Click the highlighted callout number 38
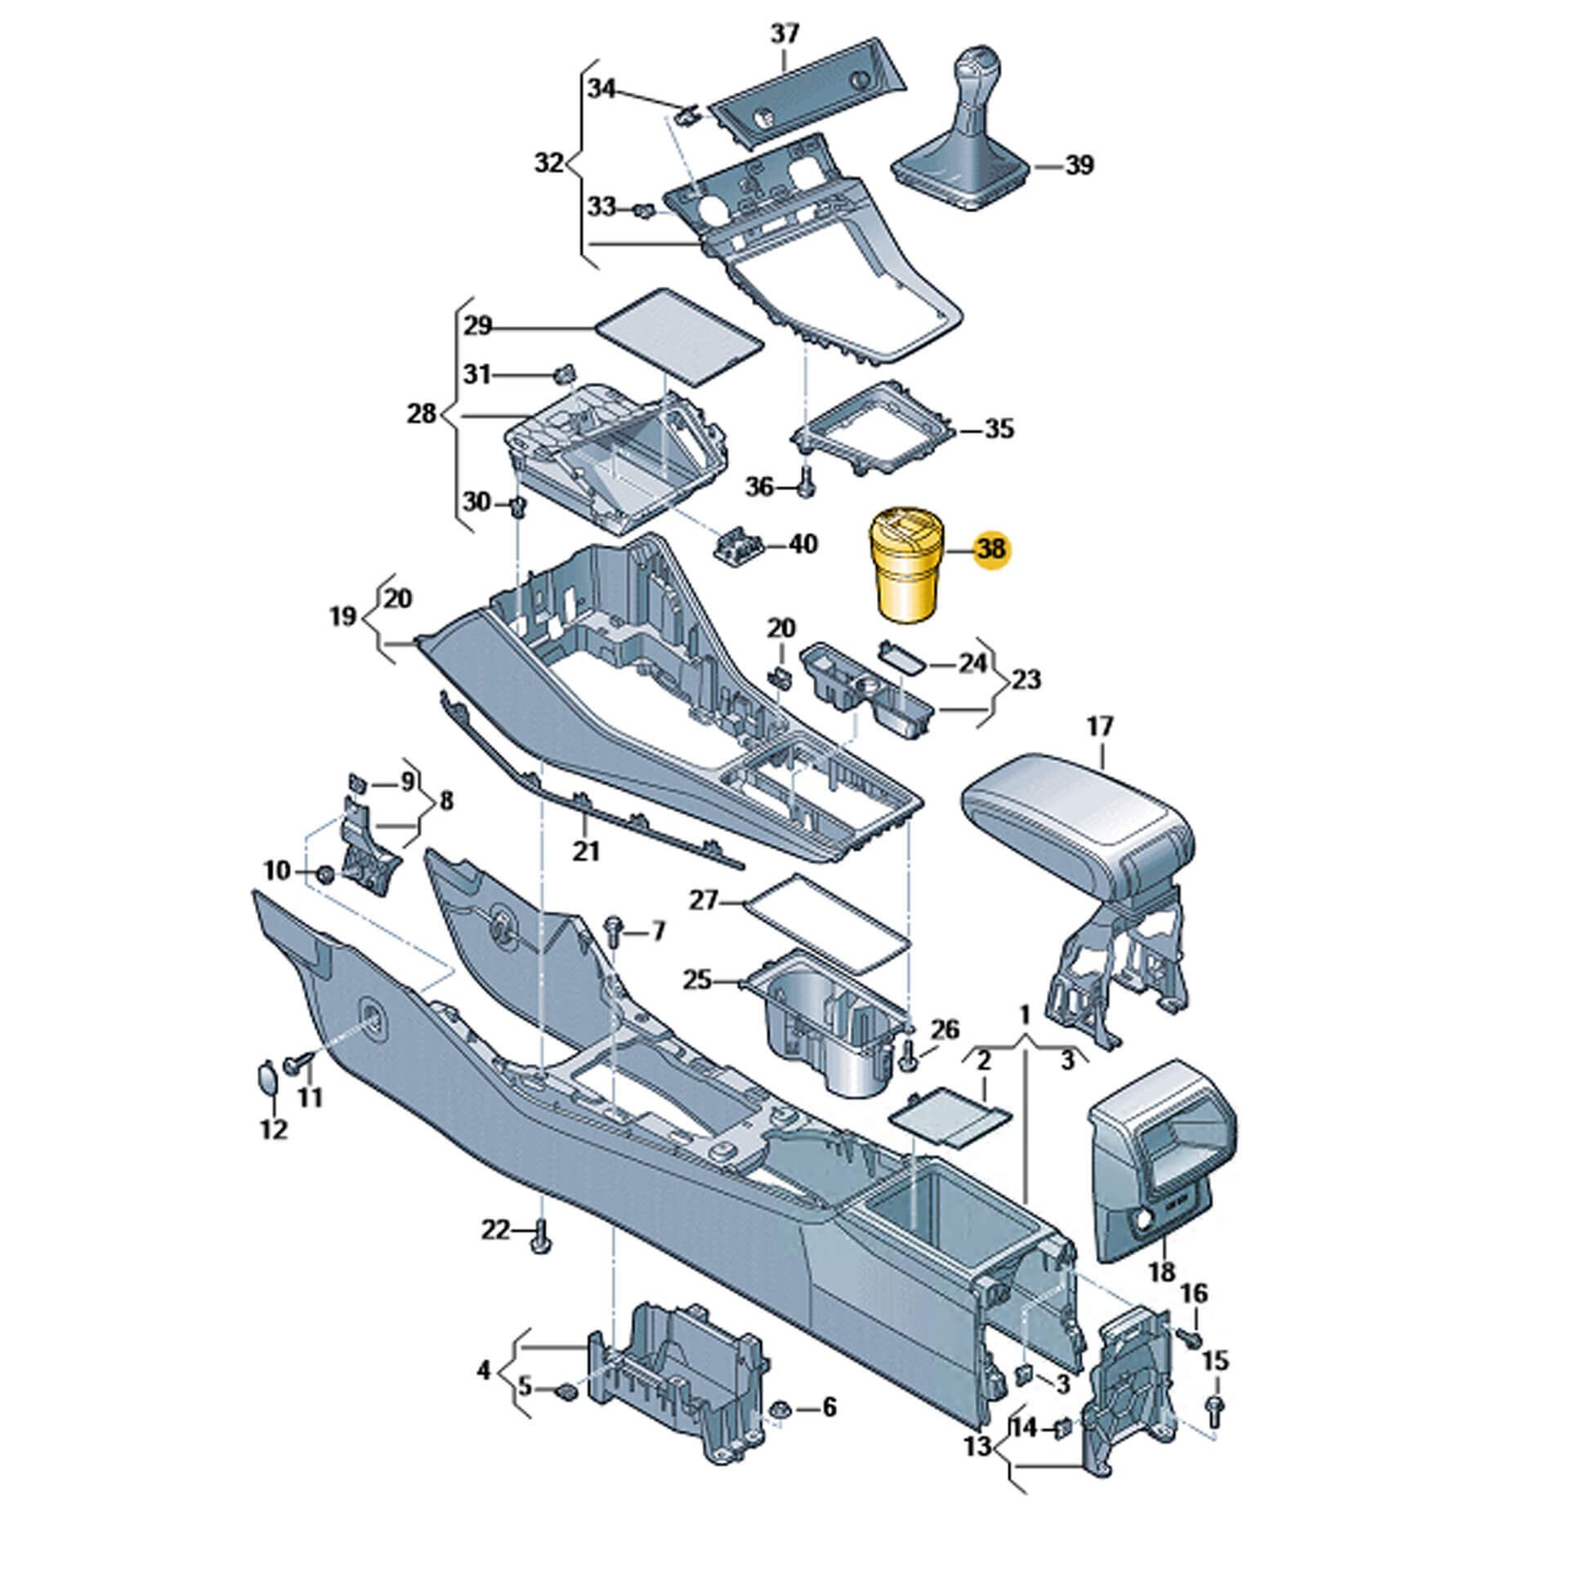pos(991,548)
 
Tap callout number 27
pos(703,901)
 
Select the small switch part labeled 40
pos(737,543)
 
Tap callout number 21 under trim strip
pos(586,851)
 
